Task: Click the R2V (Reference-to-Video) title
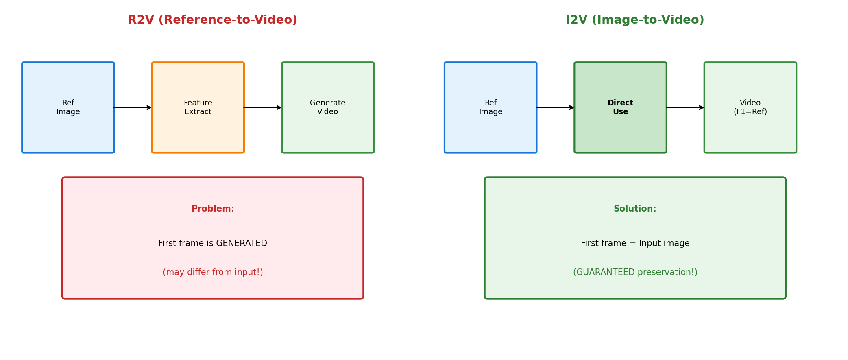click(212, 20)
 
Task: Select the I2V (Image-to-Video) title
click(634, 20)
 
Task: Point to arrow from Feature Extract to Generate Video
click(263, 107)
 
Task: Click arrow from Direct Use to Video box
click(685, 107)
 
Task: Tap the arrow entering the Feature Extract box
click(133, 107)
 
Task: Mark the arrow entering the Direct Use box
click(556, 107)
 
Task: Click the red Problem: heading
click(213, 209)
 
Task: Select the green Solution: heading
click(635, 209)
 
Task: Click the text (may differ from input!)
click(213, 273)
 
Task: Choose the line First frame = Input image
click(635, 244)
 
